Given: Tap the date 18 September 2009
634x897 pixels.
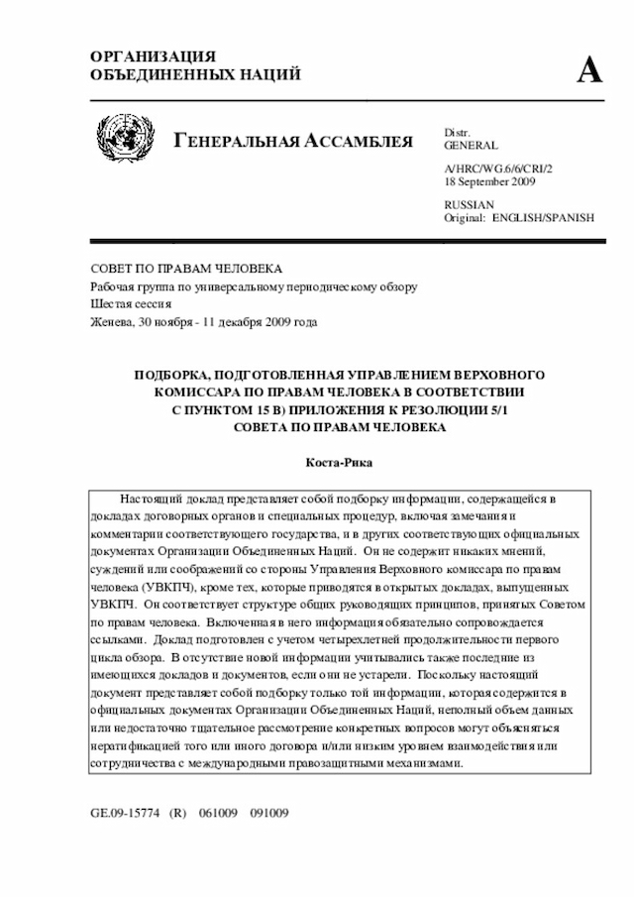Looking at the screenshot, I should click(x=490, y=182).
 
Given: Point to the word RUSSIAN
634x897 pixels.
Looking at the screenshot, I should click(x=469, y=204).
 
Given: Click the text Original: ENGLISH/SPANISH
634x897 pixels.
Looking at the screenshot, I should click(x=519, y=217).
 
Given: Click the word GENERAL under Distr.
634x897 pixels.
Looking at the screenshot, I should click(x=472, y=146).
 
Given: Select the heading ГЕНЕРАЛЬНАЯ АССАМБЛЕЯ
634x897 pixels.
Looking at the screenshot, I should click(x=293, y=141).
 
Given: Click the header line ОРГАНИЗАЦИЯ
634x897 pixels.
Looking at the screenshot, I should click(x=153, y=56).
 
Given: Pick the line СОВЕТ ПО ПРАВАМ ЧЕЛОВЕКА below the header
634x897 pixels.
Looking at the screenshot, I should click(x=186, y=269).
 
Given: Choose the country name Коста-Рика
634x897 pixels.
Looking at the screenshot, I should click(x=340, y=463).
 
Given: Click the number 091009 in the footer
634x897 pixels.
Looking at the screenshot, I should click(x=268, y=813).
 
